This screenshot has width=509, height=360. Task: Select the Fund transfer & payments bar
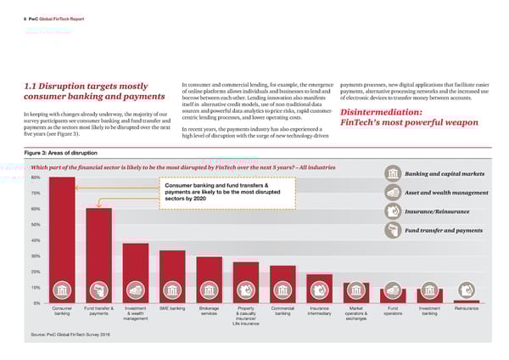[x=99, y=255]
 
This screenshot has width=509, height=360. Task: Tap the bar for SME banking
[x=172, y=276]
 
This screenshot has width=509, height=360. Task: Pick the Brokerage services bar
[x=209, y=279]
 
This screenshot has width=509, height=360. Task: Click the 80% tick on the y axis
[x=35, y=177]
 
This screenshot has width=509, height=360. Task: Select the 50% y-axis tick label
[x=35, y=224]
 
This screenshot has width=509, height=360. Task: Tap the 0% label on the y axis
[x=36, y=303]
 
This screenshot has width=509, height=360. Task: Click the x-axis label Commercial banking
[x=282, y=311]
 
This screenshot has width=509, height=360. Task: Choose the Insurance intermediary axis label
[x=320, y=311]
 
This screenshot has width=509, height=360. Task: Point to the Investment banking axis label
[x=429, y=311]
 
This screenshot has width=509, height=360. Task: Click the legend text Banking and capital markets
[x=450, y=174]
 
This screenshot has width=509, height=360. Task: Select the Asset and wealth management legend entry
[x=451, y=193]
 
